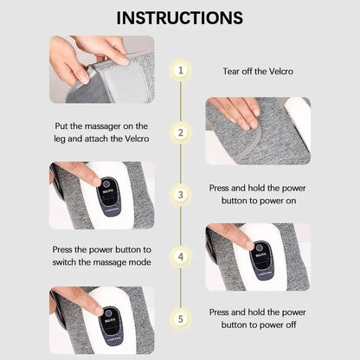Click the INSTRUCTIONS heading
[x=179, y=17]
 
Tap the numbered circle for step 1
[x=180, y=71]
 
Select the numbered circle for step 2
[x=180, y=132]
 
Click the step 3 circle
[x=180, y=194]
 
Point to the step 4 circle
[x=180, y=256]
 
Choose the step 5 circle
[x=180, y=318]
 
